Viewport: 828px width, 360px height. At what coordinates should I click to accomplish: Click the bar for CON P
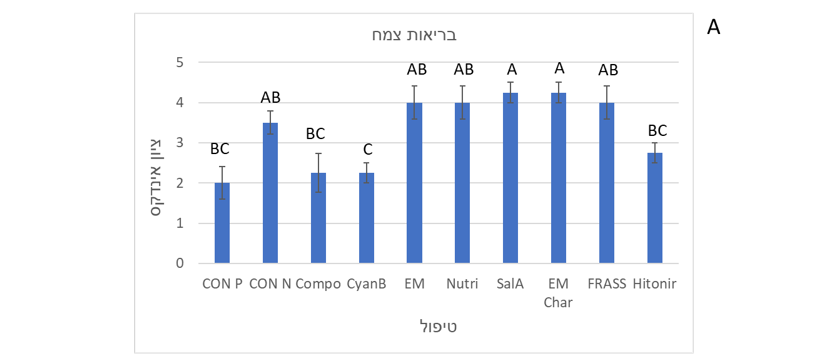(222, 223)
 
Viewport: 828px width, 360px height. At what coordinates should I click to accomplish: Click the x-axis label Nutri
(462, 283)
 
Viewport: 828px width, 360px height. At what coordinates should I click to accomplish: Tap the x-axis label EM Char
(558, 292)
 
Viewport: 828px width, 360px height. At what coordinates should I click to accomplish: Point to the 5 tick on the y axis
(180, 62)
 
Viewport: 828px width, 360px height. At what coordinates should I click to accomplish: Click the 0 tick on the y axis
(180, 264)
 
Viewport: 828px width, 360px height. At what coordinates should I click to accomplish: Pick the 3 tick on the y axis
(180, 143)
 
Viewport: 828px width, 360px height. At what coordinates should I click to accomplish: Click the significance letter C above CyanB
(366, 149)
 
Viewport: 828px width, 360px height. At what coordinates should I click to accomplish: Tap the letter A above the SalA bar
(511, 69)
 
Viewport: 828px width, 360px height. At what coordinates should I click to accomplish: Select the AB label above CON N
(270, 97)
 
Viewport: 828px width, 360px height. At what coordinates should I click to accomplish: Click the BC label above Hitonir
(657, 130)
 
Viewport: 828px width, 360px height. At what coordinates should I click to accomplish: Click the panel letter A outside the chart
(713, 27)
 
